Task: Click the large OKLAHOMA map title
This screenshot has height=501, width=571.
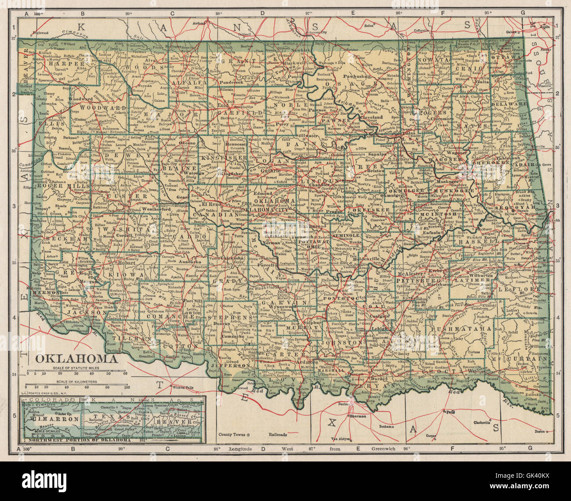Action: click(76, 358)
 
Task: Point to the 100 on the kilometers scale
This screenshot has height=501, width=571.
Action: click(126, 387)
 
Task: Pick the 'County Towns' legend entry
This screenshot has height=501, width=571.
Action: click(232, 435)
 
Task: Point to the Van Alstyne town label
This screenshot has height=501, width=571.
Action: click(339, 439)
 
